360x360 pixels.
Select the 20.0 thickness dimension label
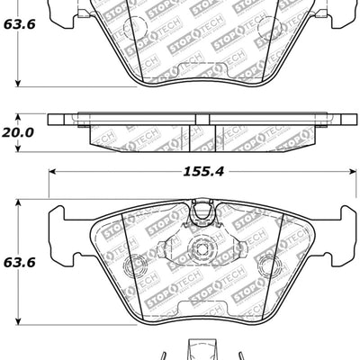coord(18,132)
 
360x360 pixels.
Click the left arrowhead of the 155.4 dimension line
coord(50,169)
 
